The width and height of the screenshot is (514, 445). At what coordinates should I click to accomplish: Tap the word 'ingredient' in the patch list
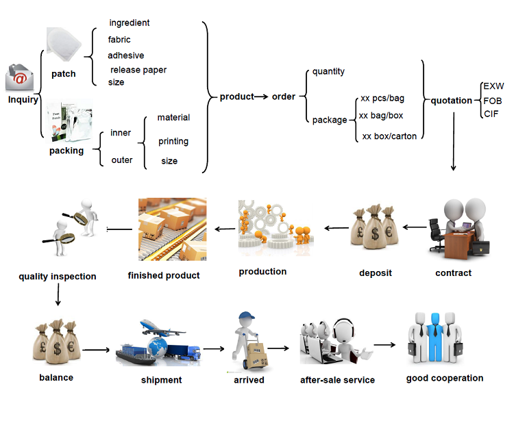pyautogui.click(x=129, y=23)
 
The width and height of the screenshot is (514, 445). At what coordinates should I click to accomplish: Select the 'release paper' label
pyautogui.click(x=138, y=70)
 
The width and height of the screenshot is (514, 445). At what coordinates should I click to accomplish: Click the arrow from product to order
pyautogui.click(x=261, y=97)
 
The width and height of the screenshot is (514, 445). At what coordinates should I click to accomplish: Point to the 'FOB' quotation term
pyautogui.click(x=492, y=101)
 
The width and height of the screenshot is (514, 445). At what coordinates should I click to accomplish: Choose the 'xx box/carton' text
pyautogui.click(x=389, y=136)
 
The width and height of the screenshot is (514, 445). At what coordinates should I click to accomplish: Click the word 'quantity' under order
pyautogui.click(x=328, y=71)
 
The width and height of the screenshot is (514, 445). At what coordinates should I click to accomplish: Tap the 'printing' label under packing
pyautogui.click(x=173, y=142)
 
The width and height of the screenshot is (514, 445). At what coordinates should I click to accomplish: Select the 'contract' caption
pyautogui.click(x=453, y=273)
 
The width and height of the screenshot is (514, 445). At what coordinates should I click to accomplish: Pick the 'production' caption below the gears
pyautogui.click(x=262, y=272)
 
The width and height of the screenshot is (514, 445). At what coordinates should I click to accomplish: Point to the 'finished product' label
pyautogui.click(x=164, y=275)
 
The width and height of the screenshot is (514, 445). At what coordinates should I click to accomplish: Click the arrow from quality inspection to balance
pyautogui.click(x=58, y=294)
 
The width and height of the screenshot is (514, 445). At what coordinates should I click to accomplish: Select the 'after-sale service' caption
pyautogui.click(x=337, y=380)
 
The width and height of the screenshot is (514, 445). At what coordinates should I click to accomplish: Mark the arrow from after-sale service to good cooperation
pyautogui.click(x=384, y=344)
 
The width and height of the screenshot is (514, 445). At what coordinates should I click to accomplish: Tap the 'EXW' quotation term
pyautogui.click(x=493, y=87)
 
